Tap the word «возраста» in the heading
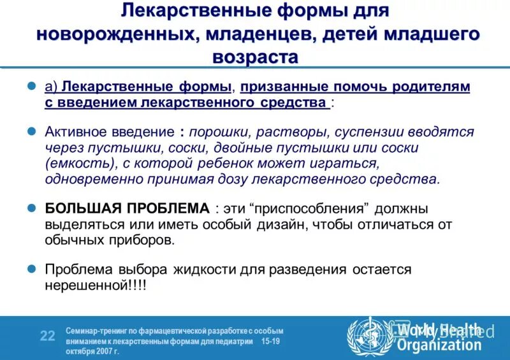coord(255,57)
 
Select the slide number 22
coord(48,336)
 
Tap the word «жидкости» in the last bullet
coord(203,269)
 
